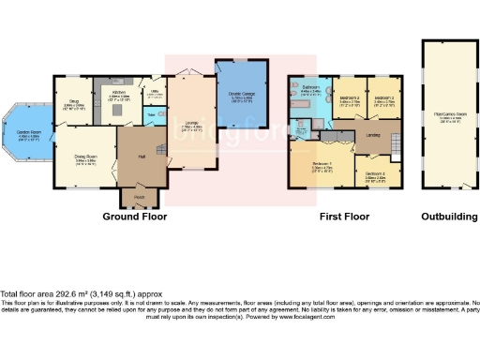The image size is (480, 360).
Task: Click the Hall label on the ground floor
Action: coord(143,156)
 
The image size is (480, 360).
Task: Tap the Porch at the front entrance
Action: coord(139,197)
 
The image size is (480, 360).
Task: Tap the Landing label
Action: coord(372,135)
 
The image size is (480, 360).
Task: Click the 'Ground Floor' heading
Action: coord(134,217)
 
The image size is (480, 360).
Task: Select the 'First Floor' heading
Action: coord(343,217)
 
